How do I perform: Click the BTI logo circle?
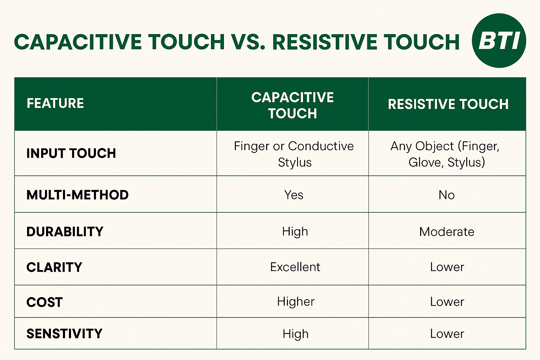tap(499, 40)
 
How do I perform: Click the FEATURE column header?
tap(55, 103)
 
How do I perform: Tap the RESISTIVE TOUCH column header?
tap(448, 104)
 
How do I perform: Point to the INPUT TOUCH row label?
tap(71, 153)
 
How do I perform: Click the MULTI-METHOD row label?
tap(77, 195)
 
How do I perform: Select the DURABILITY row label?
tap(65, 231)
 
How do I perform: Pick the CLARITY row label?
tap(54, 267)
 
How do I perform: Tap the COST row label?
tap(44, 302)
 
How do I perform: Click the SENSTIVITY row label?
tap(64, 334)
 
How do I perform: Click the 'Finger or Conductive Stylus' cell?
tap(294, 154)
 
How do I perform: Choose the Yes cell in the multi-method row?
tap(294, 195)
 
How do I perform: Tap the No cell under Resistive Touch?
tap(446, 195)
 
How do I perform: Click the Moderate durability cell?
tap(446, 232)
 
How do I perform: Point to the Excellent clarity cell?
tap(295, 267)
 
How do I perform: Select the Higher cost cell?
tap(296, 302)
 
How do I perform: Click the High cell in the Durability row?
tap(295, 231)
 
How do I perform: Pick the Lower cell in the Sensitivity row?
tap(447, 334)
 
